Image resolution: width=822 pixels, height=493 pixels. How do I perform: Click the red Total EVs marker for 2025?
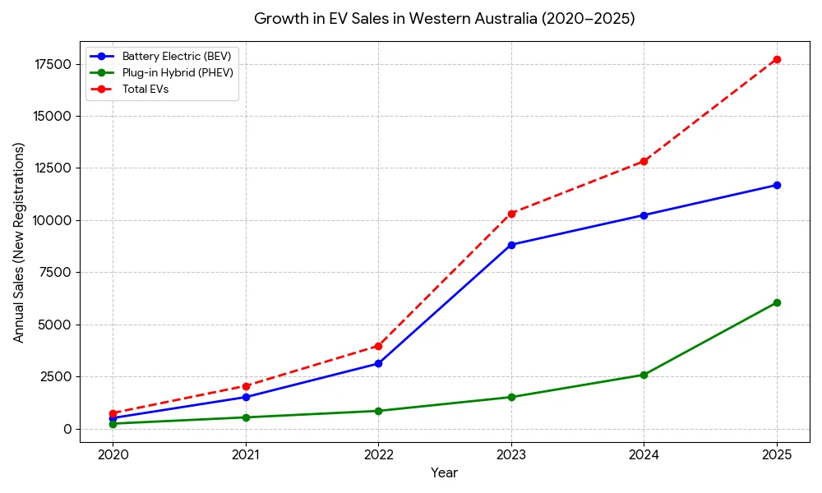point(777,59)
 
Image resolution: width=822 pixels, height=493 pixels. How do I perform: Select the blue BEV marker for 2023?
point(511,245)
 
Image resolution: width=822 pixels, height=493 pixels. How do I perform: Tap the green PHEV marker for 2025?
point(777,302)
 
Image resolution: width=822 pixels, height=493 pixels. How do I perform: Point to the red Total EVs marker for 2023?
point(511,214)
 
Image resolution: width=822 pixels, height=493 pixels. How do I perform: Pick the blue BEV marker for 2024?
point(644,215)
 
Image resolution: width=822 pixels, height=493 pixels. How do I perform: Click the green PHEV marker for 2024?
point(644,375)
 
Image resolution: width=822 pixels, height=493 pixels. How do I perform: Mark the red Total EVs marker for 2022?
point(378,346)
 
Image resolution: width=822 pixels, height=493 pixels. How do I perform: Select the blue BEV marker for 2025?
point(777,185)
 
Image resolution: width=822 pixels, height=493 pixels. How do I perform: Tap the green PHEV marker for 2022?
point(378,411)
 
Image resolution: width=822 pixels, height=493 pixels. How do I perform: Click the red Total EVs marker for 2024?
point(644,161)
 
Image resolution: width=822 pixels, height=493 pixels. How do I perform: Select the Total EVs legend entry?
point(145,89)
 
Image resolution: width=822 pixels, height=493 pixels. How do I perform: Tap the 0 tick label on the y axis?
point(68,429)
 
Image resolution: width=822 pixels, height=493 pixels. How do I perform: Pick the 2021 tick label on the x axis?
point(246,454)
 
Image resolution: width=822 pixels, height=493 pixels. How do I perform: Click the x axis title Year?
point(444,473)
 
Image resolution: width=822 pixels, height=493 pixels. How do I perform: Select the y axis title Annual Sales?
point(19,242)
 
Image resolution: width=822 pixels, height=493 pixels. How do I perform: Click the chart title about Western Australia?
point(444,19)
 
